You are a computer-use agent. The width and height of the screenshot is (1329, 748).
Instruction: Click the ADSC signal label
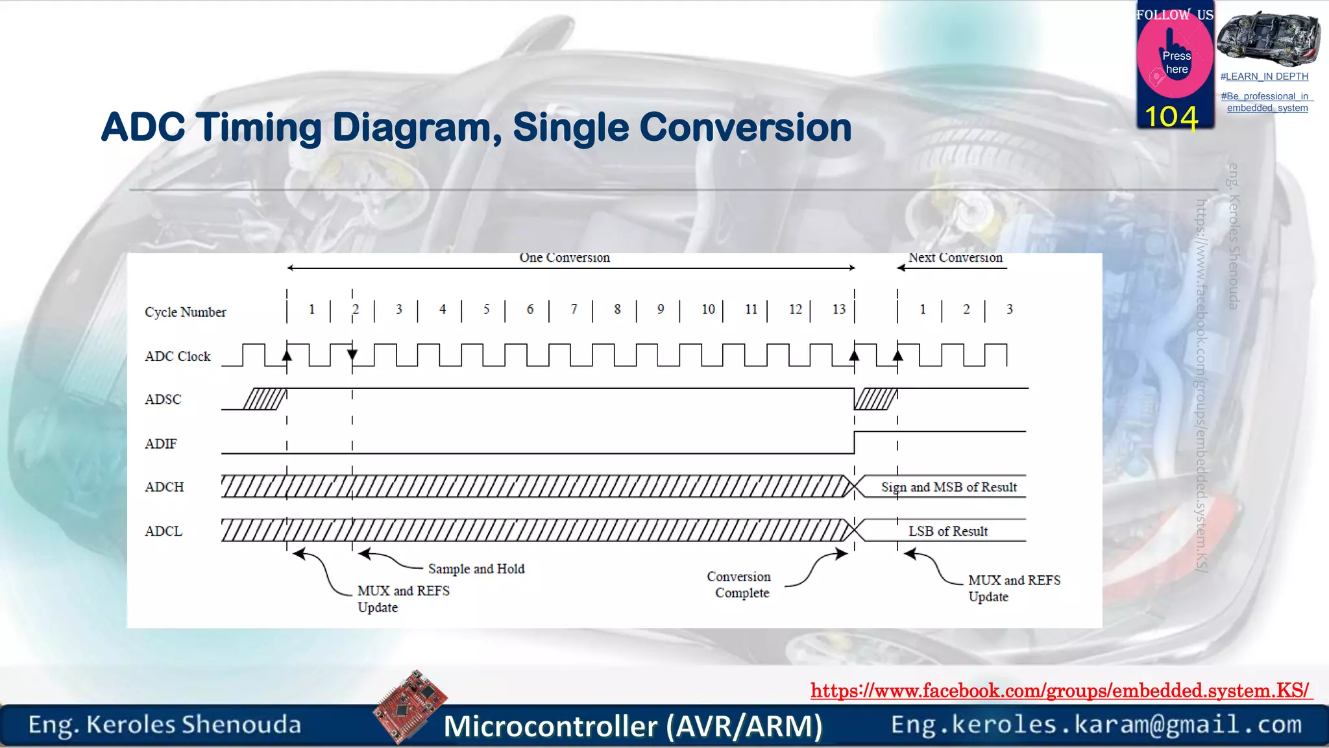click(163, 399)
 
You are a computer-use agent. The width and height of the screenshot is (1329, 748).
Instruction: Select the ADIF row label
click(161, 443)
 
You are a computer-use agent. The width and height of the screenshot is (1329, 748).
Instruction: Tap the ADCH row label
click(164, 487)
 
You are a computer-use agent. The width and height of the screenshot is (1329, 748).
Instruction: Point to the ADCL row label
click(164, 531)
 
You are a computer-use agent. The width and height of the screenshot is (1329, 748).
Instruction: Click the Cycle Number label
click(185, 312)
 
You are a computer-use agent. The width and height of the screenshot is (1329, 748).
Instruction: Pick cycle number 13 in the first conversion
click(839, 309)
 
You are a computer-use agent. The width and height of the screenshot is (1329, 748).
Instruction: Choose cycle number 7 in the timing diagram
click(574, 309)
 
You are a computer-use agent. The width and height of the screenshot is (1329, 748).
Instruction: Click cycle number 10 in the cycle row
click(708, 309)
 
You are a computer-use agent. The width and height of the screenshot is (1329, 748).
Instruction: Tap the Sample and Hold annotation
click(476, 569)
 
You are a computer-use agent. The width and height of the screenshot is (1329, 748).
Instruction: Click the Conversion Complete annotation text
click(740, 584)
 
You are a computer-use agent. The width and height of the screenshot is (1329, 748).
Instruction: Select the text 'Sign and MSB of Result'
click(948, 487)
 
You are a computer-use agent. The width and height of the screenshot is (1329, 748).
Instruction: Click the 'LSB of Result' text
click(947, 531)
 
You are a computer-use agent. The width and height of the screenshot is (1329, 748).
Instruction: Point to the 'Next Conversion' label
click(955, 258)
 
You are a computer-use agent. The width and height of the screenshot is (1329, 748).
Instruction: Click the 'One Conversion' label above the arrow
click(565, 258)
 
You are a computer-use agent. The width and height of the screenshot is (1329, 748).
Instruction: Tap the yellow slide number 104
click(1171, 117)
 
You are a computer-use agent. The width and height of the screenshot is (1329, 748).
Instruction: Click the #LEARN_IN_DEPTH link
click(1264, 77)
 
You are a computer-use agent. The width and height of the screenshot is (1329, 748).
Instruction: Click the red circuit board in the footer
click(410, 706)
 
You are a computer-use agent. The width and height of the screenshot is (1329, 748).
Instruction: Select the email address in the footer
click(1096, 725)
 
